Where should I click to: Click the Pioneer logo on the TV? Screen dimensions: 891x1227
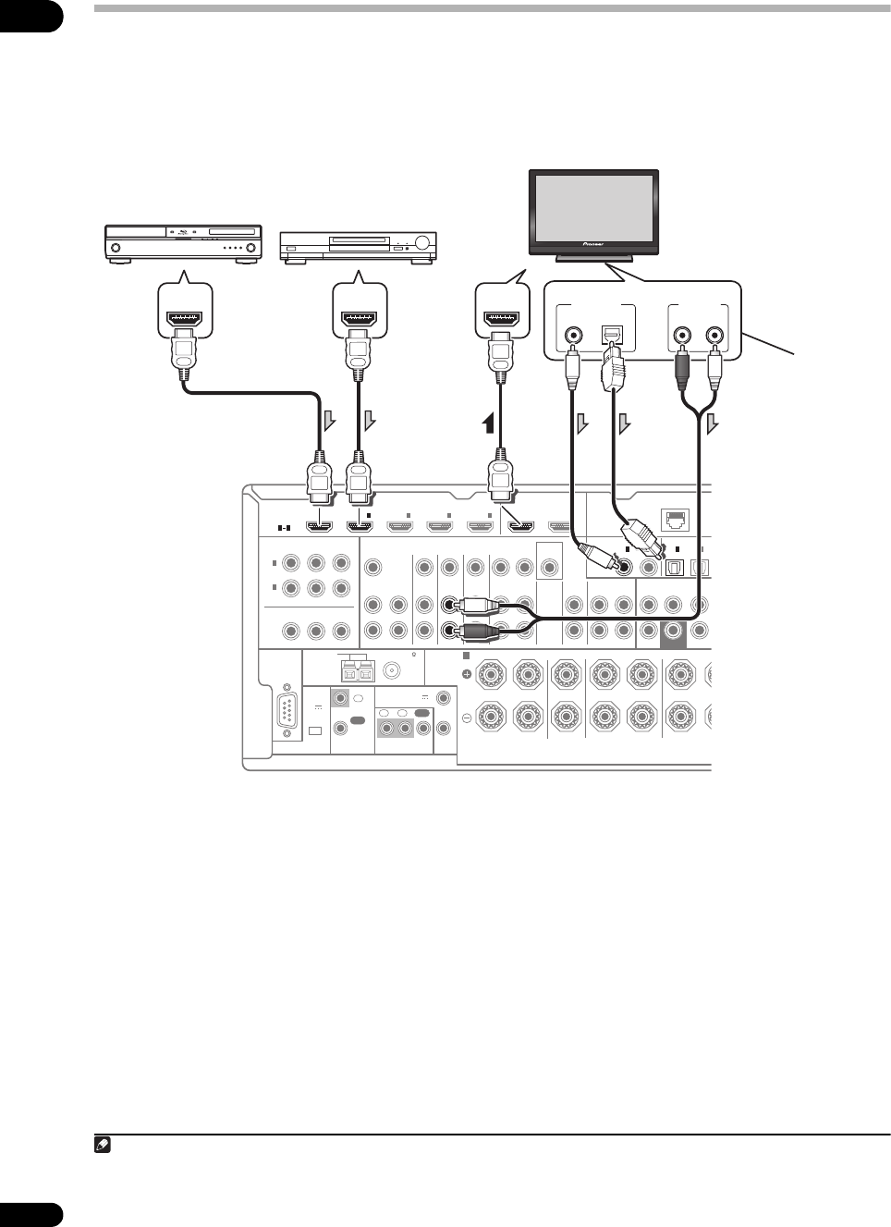[x=593, y=244]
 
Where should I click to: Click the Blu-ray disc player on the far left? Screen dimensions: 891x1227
[x=183, y=243]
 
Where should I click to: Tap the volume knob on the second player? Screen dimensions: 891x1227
[x=421, y=242]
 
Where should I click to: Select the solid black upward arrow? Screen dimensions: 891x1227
[x=489, y=423]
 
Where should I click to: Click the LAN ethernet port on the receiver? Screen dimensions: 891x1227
[x=676, y=518]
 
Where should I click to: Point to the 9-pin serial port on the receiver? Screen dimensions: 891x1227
[x=287, y=710]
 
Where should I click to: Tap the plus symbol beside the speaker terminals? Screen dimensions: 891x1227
[x=467, y=674]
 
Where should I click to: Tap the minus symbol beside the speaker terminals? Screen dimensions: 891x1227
[x=467, y=718]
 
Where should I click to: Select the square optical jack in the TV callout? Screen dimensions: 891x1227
[x=609, y=334]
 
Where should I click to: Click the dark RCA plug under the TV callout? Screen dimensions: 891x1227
[x=681, y=372]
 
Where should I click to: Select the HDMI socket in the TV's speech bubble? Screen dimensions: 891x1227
[x=503, y=318]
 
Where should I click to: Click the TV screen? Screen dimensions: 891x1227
[x=593, y=205]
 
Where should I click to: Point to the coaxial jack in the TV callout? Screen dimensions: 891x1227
[x=573, y=334]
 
